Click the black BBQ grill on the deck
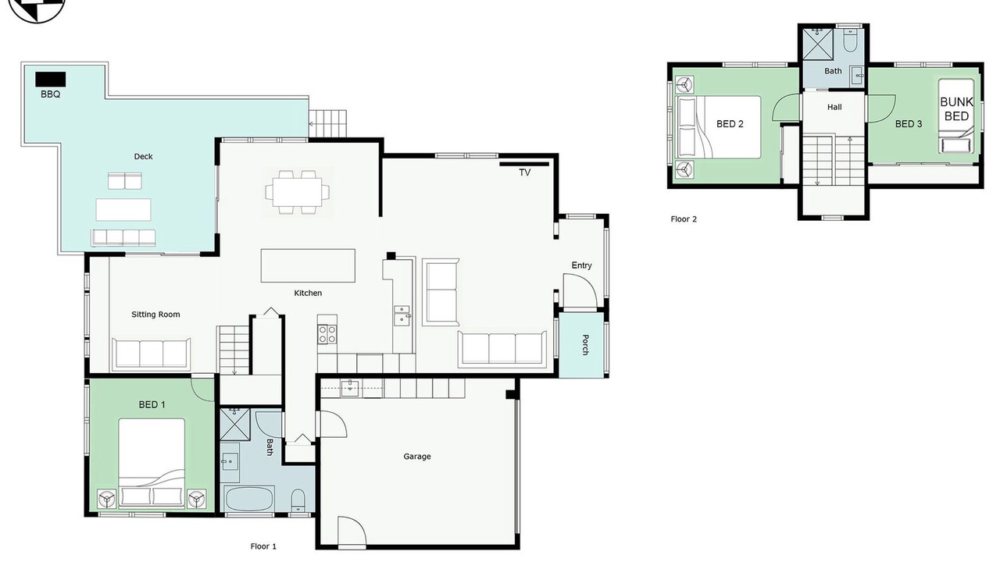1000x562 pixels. [51, 80]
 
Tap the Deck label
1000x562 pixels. [143, 157]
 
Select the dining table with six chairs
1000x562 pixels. [298, 192]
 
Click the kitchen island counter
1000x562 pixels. [308, 266]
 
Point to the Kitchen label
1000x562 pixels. [308, 293]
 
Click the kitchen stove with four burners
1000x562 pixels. [327, 335]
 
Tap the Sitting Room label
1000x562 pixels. [155, 315]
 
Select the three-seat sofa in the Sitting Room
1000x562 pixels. [151, 354]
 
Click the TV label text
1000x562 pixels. [524, 173]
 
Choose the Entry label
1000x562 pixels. [582, 265]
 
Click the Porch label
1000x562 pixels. [585, 345]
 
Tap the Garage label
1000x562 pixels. [417, 457]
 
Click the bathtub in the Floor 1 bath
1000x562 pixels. [249, 499]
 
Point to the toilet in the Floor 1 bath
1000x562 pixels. [298, 500]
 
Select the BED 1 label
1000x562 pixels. [152, 405]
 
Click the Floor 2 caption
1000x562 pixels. [684, 219]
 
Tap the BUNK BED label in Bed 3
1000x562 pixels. [957, 109]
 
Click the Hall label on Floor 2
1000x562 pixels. [834, 107]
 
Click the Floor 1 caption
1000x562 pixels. [263, 546]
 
